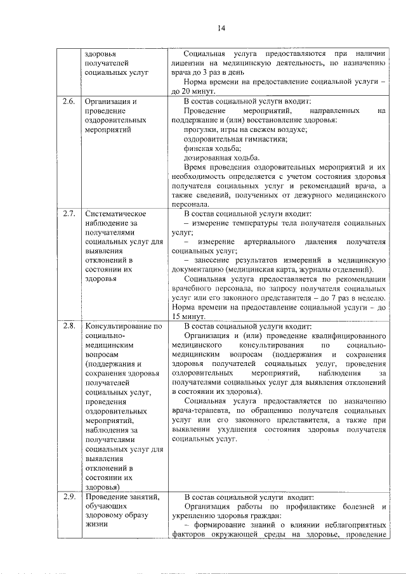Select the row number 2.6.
point(69,101)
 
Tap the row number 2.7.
point(69,214)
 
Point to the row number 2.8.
point(69,326)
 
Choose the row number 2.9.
point(69,497)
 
